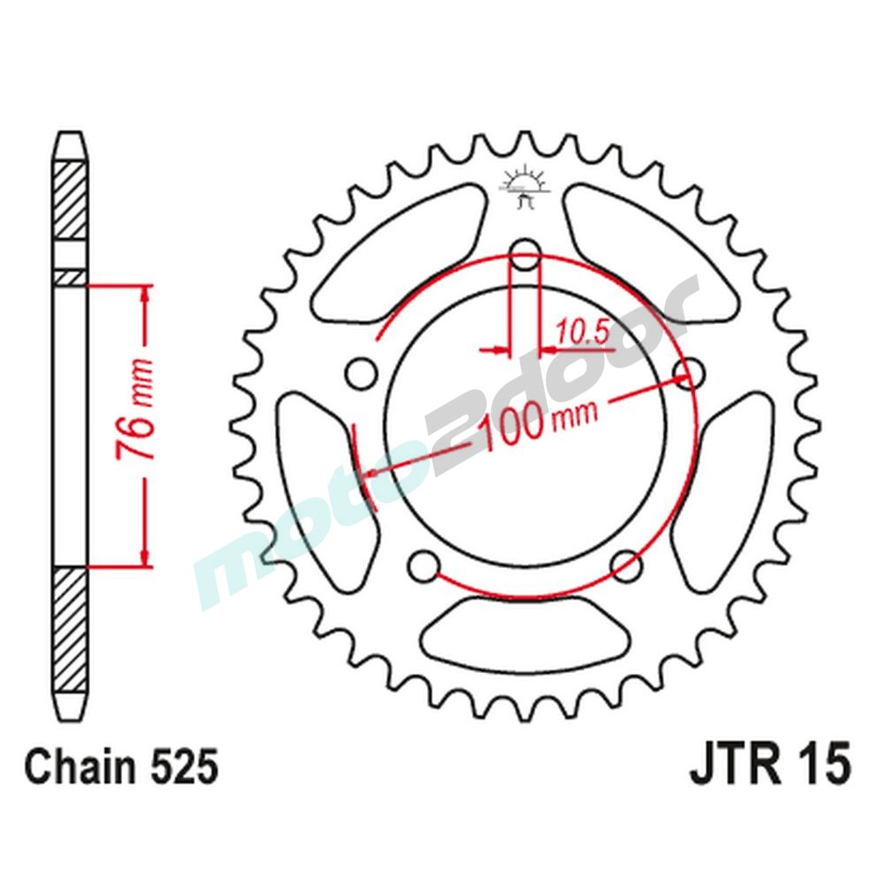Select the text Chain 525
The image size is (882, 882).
pos(121,767)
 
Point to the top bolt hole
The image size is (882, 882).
pos(526,250)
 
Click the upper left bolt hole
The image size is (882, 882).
pos(359,373)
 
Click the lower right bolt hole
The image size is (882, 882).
pos(627,564)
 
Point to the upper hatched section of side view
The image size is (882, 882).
pos(71,200)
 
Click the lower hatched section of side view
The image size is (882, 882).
pos(71,631)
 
